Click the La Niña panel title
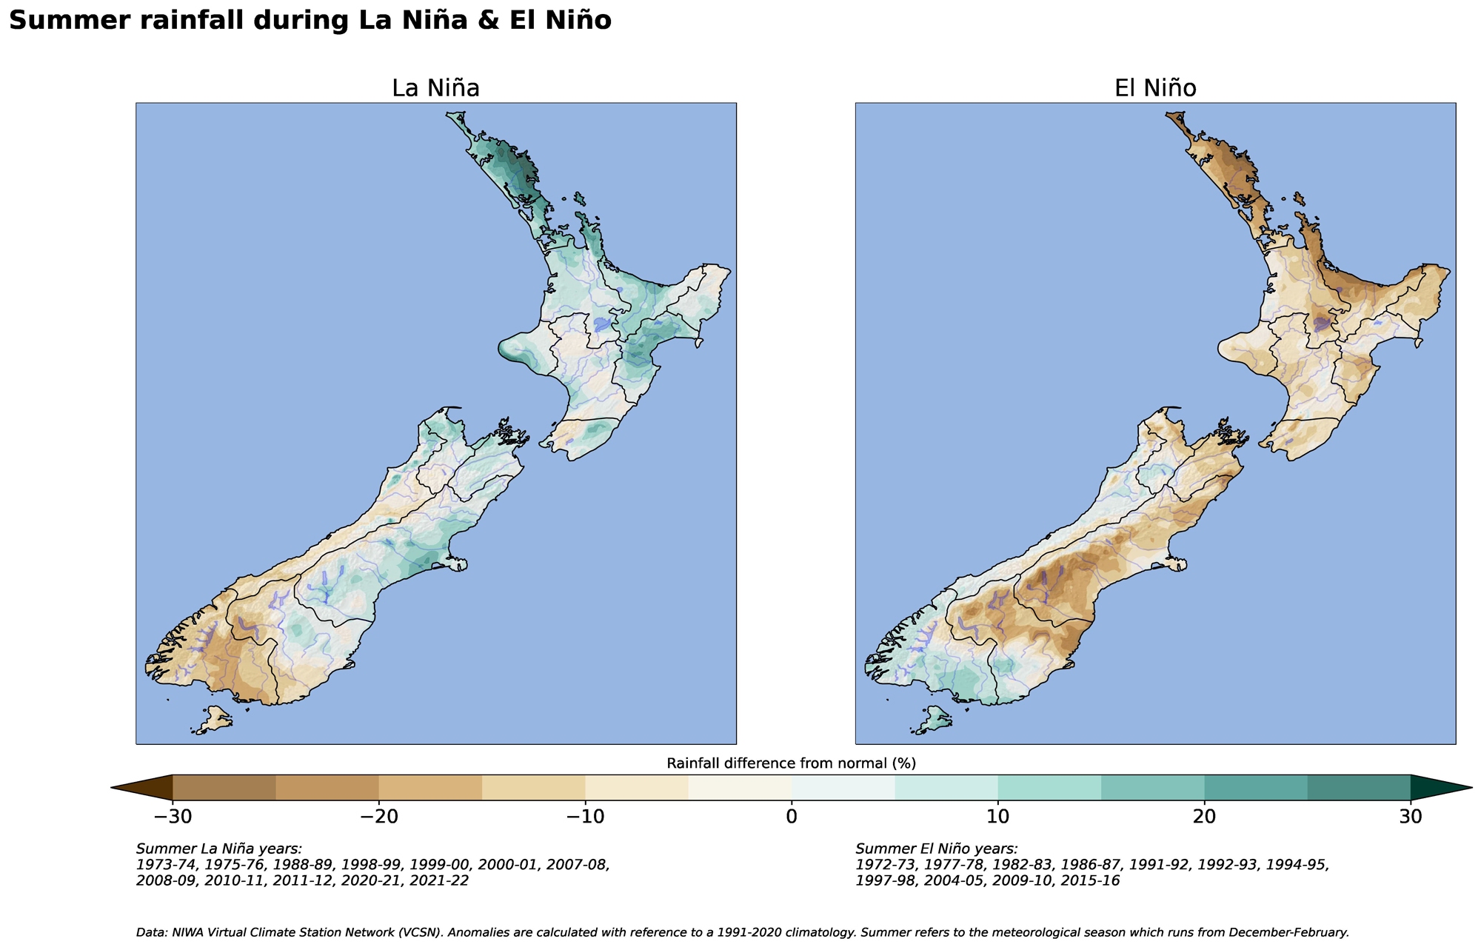pos(435,89)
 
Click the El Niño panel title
pos(1155,89)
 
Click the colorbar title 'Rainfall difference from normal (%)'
pos(792,763)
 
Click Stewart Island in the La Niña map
pos(215,718)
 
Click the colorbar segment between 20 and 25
pos(1256,788)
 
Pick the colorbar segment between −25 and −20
pos(327,788)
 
